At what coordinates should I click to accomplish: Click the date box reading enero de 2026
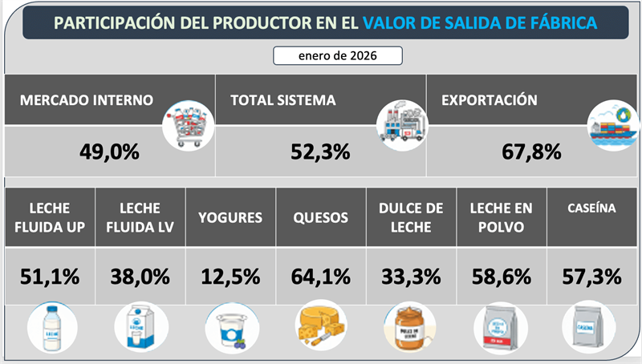(x=337, y=56)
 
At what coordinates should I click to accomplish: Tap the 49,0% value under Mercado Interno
(x=109, y=151)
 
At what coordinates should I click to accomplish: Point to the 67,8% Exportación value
(x=531, y=151)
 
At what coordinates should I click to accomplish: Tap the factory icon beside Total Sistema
(x=402, y=124)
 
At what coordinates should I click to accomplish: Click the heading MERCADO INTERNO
(x=87, y=101)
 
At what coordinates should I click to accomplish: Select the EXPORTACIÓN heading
(x=489, y=101)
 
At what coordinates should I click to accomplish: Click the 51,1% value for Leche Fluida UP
(x=50, y=277)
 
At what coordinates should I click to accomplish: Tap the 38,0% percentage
(x=140, y=277)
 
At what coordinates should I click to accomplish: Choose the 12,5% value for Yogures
(x=230, y=277)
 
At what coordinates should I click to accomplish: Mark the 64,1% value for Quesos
(x=320, y=277)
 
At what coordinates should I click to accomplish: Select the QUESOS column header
(x=320, y=217)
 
